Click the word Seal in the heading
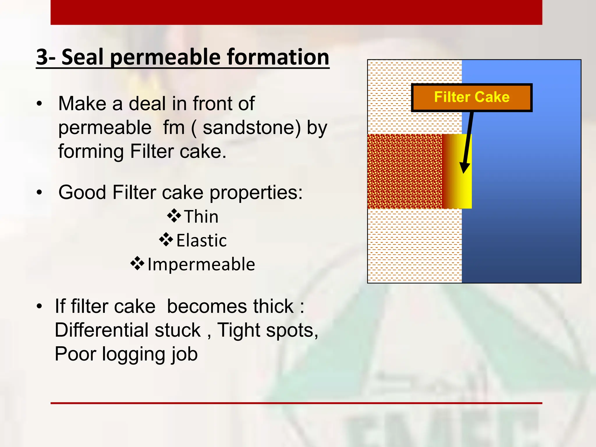coord(82,57)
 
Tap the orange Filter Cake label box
coord(471,97)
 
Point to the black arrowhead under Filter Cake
coord(464,168)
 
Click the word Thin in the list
coord(201,217)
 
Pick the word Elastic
coord(201,241)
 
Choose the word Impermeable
coord(201,265)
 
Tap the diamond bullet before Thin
coord(174,216)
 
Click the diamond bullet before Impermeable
coord(137,264)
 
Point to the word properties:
coord(256,193)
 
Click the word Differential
coord(127,330)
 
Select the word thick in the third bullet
coord(273,306)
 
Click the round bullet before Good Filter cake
coord(40,192)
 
